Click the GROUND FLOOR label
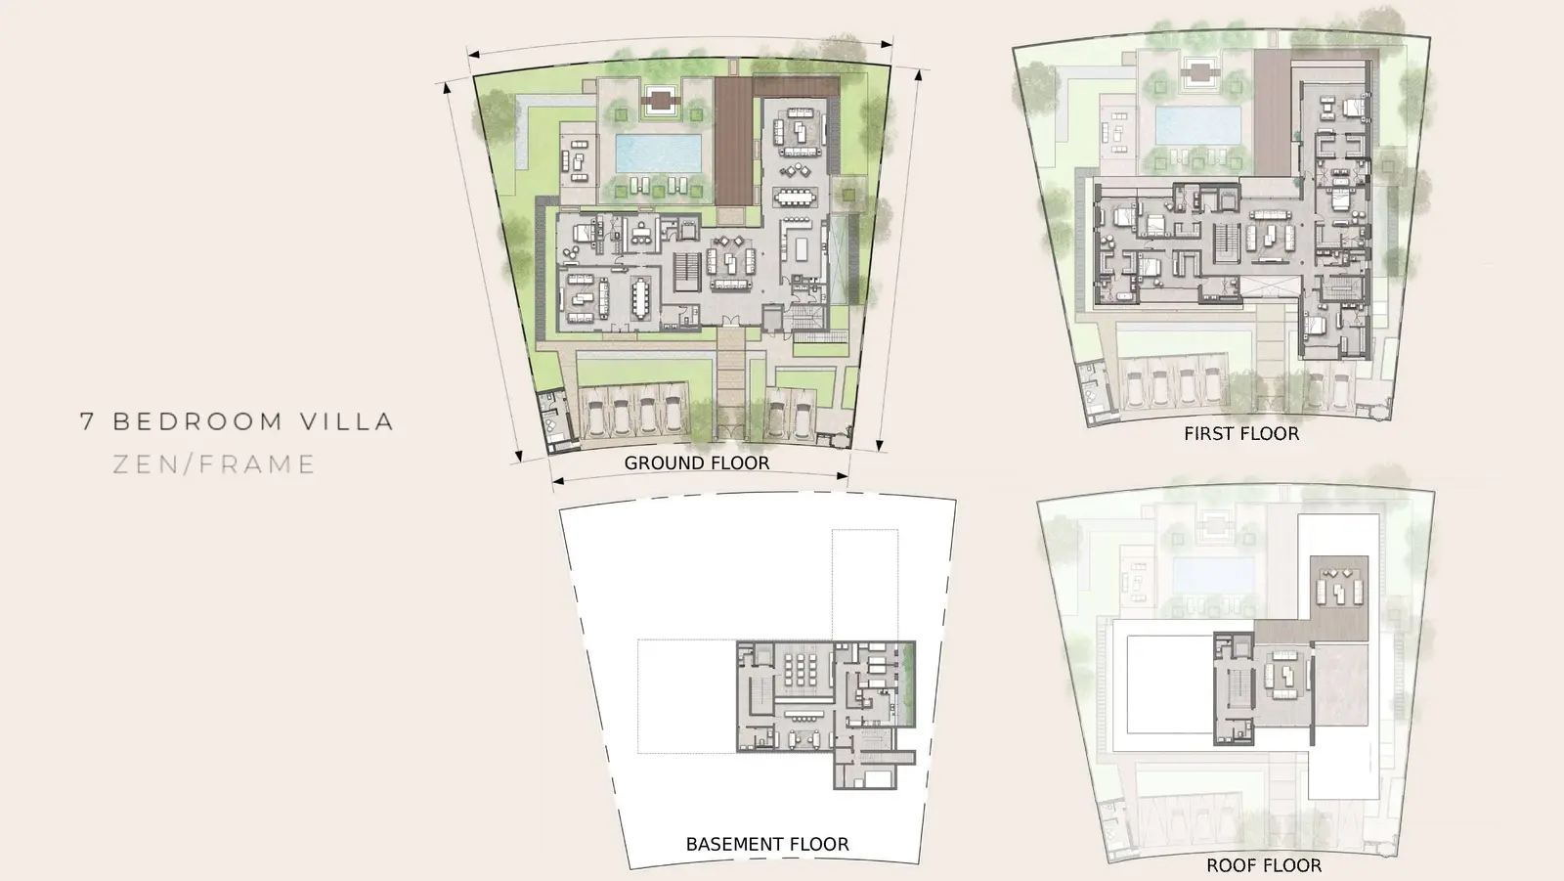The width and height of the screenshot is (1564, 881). pos(697,463)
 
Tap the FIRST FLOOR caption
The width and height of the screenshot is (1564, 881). pos(1241,434)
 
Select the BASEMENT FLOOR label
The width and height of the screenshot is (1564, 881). pos(767,844)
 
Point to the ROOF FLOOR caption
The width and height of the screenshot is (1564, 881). pos(1264,865)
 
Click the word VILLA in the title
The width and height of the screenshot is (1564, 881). pos(348,421)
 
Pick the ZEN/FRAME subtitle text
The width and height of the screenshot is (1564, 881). pos(214,464)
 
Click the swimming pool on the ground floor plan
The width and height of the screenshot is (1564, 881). pos(658,153)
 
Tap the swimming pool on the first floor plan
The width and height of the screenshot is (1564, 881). pos(1198,126)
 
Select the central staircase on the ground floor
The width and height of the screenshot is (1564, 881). pos(687,273)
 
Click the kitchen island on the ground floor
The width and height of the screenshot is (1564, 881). pos(802,248)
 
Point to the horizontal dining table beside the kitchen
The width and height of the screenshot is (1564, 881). pos(796,197)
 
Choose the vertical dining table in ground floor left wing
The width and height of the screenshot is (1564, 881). pos(641,298)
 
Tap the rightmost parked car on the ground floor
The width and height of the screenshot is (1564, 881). pos(803,417)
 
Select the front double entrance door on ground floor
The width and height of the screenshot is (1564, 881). pos(730,322)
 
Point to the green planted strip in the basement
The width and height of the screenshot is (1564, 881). pos(908,684)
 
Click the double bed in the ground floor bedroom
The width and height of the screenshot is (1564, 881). pos(584,233)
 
